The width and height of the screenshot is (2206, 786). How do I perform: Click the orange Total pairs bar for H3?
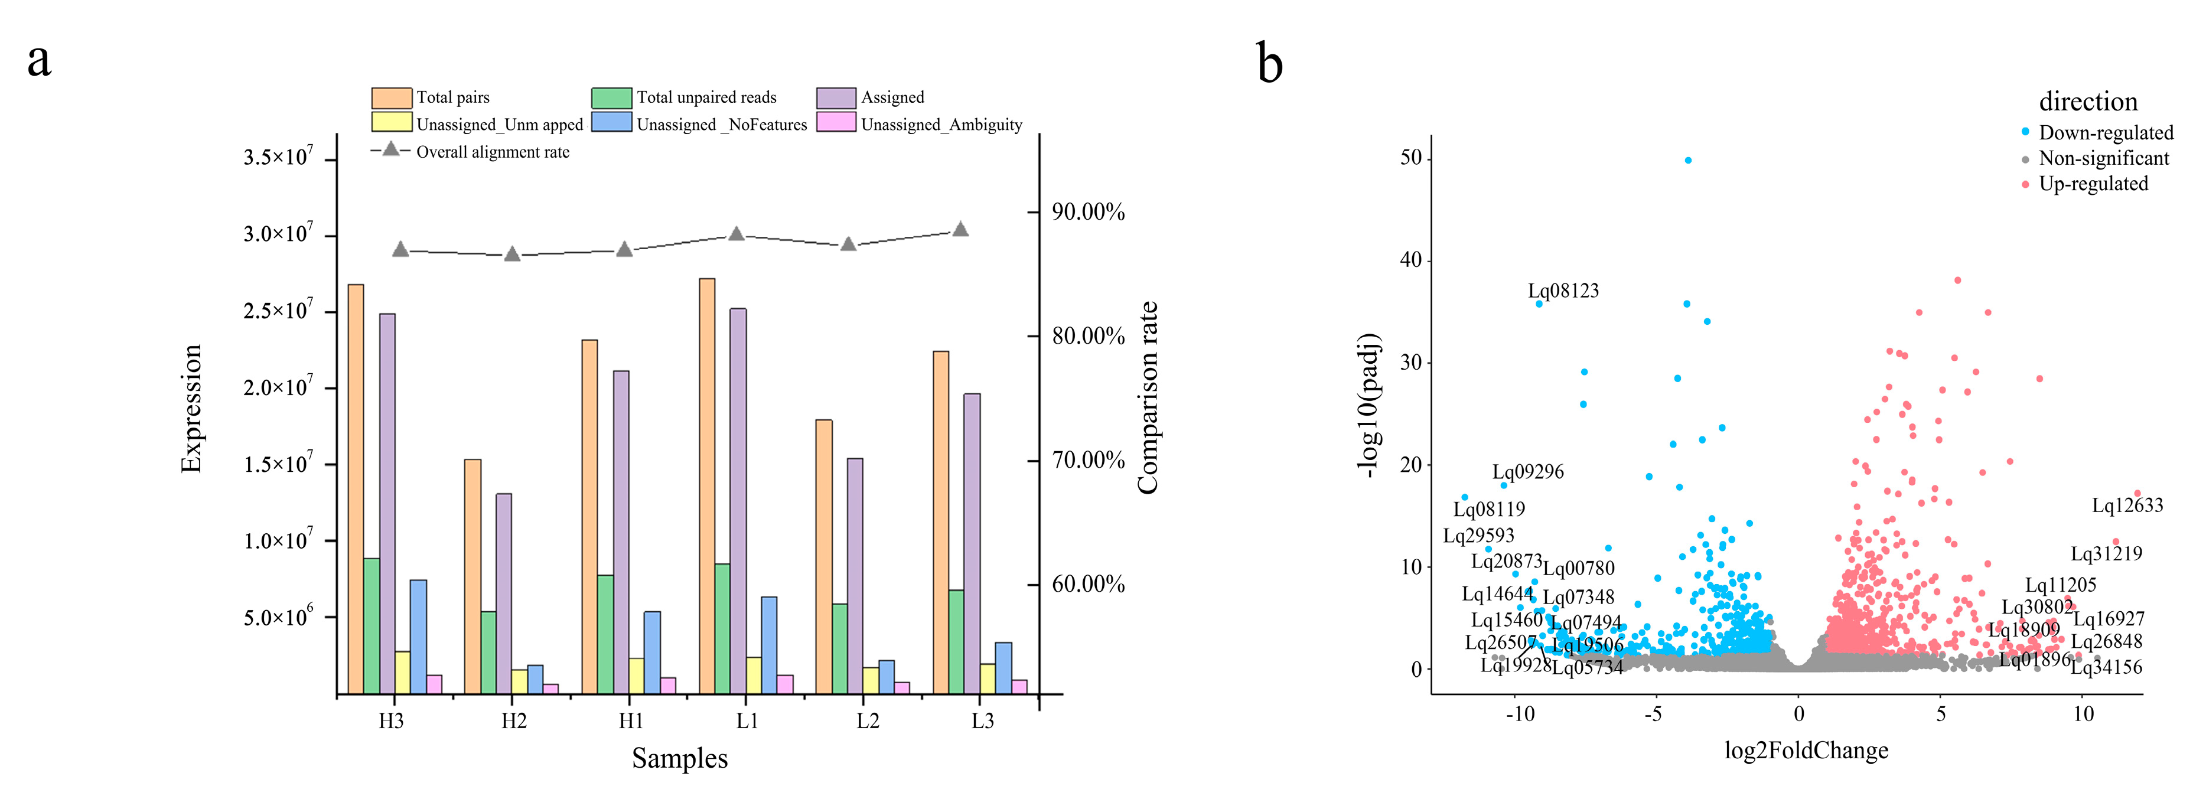tap(356, 488)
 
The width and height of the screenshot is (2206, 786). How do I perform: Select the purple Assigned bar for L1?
tap(737, 501)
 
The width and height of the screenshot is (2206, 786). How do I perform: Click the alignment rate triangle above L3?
tap(960, 230)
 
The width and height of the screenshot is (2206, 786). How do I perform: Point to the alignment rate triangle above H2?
tap(512, 255)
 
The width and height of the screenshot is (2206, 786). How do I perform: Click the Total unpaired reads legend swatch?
tap(611, 97)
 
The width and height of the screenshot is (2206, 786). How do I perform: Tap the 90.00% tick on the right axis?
tap(1087, 211)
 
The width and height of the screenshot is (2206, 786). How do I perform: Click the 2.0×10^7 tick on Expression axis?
tap(278, 387)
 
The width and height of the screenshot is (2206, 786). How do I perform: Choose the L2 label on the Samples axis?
tap(868, 721)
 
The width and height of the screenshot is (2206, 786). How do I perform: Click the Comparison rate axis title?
tap(1148, 398)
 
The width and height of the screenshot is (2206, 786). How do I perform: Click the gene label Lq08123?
tap(1563, 291)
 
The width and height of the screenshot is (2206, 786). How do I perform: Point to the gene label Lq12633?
tap(2127, 505)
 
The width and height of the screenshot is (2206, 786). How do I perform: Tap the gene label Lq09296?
tap(1528, 472)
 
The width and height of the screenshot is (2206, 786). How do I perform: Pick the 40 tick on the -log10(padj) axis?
tap(1410, 260)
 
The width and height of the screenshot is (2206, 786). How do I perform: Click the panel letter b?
tap(1269, 64)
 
